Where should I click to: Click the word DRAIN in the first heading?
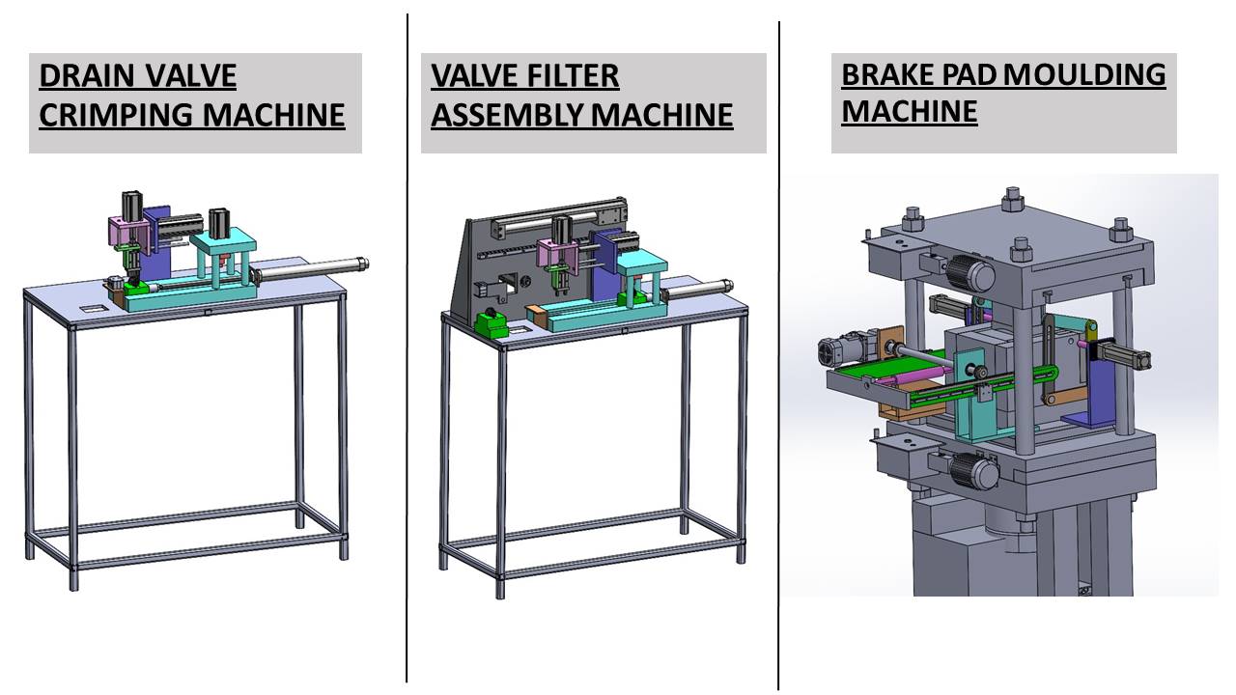point(86,75)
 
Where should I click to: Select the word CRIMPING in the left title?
point(116,115)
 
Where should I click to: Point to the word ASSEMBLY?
point(507,115)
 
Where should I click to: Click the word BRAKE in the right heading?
point(887,74)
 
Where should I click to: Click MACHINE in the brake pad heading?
point(910,112)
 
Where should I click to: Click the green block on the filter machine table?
point(492,324)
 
